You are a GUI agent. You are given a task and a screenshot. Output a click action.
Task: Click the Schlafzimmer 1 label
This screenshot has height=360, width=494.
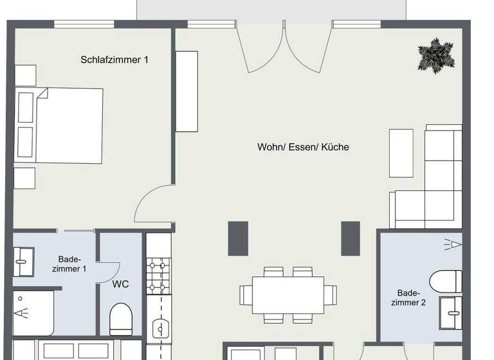coord(114,60)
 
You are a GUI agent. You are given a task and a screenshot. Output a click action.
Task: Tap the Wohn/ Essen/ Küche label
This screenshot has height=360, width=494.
coord(303,147)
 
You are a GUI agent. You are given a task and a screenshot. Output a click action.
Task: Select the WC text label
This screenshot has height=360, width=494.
coord(121,283)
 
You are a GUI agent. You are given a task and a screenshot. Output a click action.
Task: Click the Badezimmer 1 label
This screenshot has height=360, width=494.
coord(72,264)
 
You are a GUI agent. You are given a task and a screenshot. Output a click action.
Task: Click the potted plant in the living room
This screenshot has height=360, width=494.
coord(436,55)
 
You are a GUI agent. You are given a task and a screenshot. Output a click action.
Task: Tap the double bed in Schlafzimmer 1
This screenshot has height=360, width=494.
coord(60,125)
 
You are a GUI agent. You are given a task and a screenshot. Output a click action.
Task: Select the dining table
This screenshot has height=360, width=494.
coord(288,294)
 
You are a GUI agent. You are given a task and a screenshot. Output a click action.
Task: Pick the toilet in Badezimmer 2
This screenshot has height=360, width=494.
coord(446,281)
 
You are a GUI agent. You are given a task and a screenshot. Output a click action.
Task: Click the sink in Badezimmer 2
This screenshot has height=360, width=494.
coord(451,312)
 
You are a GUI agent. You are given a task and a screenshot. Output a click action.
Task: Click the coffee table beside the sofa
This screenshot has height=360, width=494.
coord(401,153)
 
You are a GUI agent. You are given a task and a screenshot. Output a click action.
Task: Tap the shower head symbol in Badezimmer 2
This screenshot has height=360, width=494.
coord(453,244)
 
